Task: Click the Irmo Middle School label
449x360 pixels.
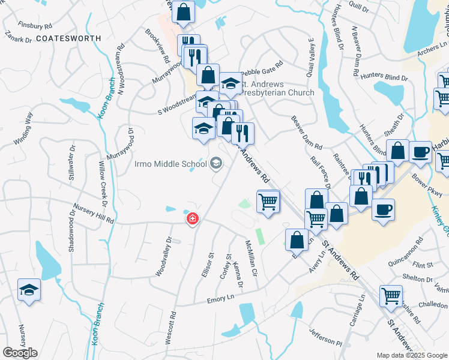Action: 171,164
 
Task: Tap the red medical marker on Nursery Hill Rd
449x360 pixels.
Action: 193,220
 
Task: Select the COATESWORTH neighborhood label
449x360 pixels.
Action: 68,38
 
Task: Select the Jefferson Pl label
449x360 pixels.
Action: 325,335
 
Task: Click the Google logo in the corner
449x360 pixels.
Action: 20,353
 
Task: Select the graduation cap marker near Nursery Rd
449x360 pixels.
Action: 29,290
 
